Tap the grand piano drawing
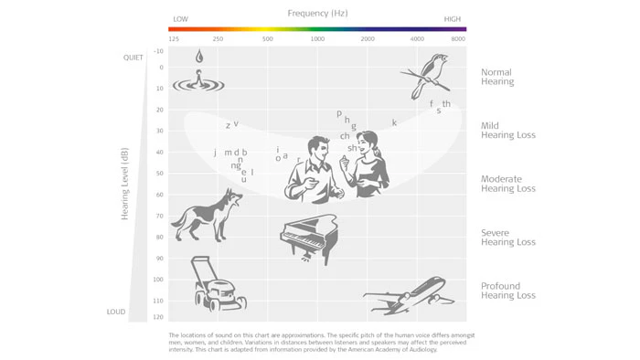tap(309, 238)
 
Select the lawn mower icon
tap(218, 284)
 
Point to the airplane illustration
tap(409, 296)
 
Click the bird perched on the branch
tap(428, 75)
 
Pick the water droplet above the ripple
tap(199, 56)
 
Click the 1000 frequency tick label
tap(317, 39)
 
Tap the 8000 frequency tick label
tap(458, 39)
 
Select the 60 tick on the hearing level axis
tap(159, 195)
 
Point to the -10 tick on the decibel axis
tap(158, 51)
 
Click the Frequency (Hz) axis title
tap(317, 14)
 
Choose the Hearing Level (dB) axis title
tap(124, 184)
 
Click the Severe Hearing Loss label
tap(508, 238)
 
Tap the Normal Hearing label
tap(497, 77)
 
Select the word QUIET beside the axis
tap(133, 58)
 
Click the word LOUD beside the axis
tap(116, 312)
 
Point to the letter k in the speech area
tap(394, 122)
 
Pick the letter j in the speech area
tap(215, 153)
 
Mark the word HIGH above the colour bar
tap(453, 19)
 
